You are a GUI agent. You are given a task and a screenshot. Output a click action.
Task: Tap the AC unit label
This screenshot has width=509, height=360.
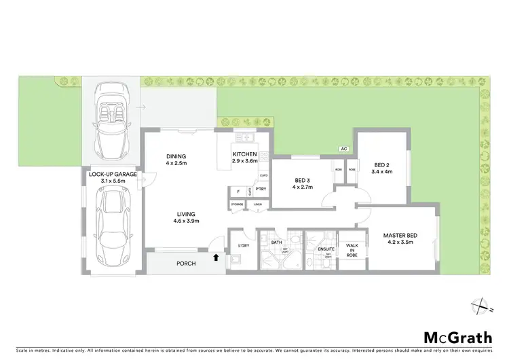point(343,149)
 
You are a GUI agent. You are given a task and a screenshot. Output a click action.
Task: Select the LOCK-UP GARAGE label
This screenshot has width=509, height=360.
point(113,174)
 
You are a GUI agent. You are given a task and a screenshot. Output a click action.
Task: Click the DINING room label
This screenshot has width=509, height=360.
point(176,157)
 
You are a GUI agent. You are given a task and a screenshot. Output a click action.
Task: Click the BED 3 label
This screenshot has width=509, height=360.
point(303,180)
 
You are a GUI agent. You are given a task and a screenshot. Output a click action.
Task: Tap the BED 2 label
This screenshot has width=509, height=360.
point(383,163)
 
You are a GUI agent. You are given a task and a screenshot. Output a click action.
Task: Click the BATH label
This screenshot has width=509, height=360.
point(277,242)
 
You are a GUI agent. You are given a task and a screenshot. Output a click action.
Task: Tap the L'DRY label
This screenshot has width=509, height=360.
point(243,245)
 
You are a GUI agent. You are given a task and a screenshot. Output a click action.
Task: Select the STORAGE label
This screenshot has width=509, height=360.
point(237,204)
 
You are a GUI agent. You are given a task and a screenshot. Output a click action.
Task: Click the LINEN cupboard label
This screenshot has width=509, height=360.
point(257,204)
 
